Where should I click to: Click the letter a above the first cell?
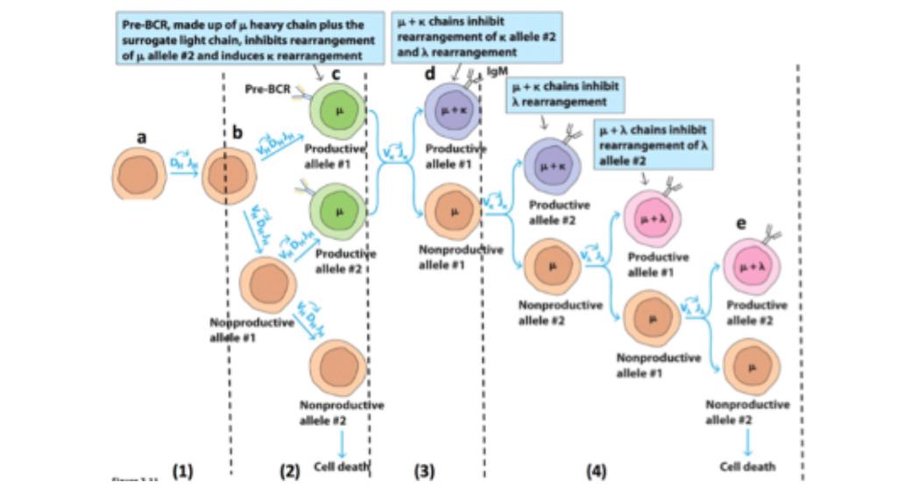(x=142, y=138)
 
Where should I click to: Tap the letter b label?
(x=237, y=132)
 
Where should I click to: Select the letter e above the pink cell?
(x=741, y=224)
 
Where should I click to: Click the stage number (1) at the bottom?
(x=182, y=472)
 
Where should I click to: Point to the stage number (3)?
(x=424, y=472)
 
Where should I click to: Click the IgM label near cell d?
(x=497, y=70)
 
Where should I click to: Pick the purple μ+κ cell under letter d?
(x=454, y=112)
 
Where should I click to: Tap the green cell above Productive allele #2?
(x=339, y=210)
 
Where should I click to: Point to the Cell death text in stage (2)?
(x=342, y=466)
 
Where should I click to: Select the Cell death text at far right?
(x=747, y=466)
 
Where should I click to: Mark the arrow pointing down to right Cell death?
(x=747, y=441)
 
